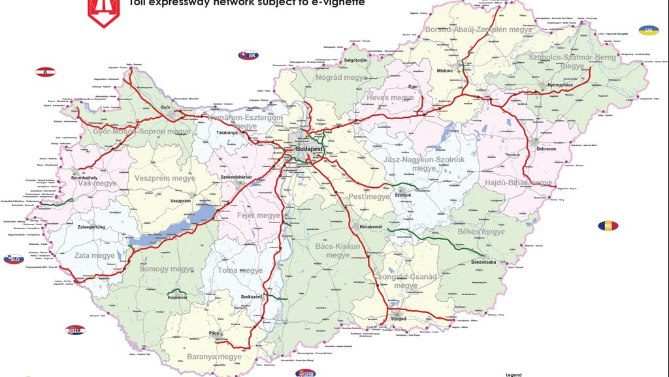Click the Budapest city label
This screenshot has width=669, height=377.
pyautogui.click(x=310, y=149)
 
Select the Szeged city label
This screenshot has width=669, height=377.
pyautogui.click(x=398, y=319)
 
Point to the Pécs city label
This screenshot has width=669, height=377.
pyautogui.click(x=214, y=333)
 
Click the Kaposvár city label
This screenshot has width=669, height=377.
pyautogui.click(x=178, y=297)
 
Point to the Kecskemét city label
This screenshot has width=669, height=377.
pyautogui.click(x=370, y=226)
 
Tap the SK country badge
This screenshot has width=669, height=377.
pyautogui.click(x=248, y=56)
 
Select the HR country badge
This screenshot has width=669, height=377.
pyautogui.click(x=76, y=331)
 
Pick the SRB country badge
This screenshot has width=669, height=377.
pyautogui.click(x=304, y=373)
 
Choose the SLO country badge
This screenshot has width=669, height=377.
pyautogui.click(x=13, y=259)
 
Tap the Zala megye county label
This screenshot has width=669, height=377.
pyautogui.click(x=94, y=256)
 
